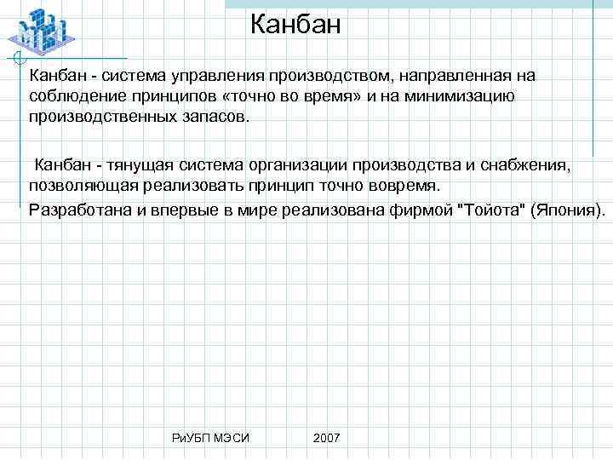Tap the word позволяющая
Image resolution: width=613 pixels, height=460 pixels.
click(81, 186)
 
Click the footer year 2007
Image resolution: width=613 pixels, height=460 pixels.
click(326, 437)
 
